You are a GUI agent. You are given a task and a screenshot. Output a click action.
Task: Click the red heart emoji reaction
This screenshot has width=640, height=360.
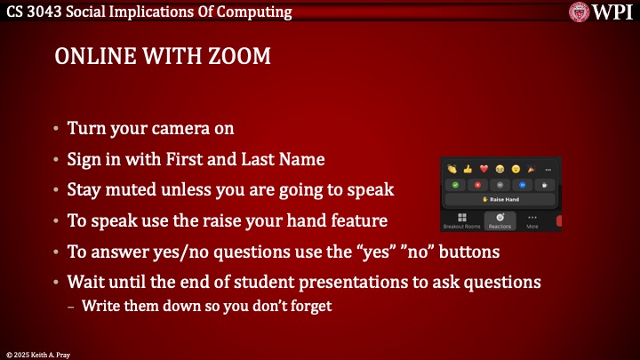coord(484,169)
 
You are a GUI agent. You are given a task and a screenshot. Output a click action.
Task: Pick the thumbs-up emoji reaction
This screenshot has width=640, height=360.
coord(468,169)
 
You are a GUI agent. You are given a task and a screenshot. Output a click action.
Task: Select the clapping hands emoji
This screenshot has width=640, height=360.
coord(452,169)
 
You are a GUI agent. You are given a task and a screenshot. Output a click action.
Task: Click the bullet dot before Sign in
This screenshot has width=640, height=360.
coord(57,160)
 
